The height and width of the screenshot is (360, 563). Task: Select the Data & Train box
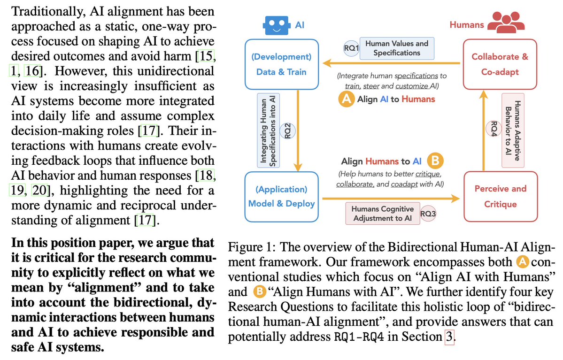[281, 65]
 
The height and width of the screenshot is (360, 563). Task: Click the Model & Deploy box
[281, 196]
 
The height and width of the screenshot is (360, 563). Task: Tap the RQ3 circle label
[428, 213]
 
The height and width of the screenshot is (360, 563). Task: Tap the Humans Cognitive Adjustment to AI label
[383, 213]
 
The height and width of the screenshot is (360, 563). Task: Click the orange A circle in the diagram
[346, 99]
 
